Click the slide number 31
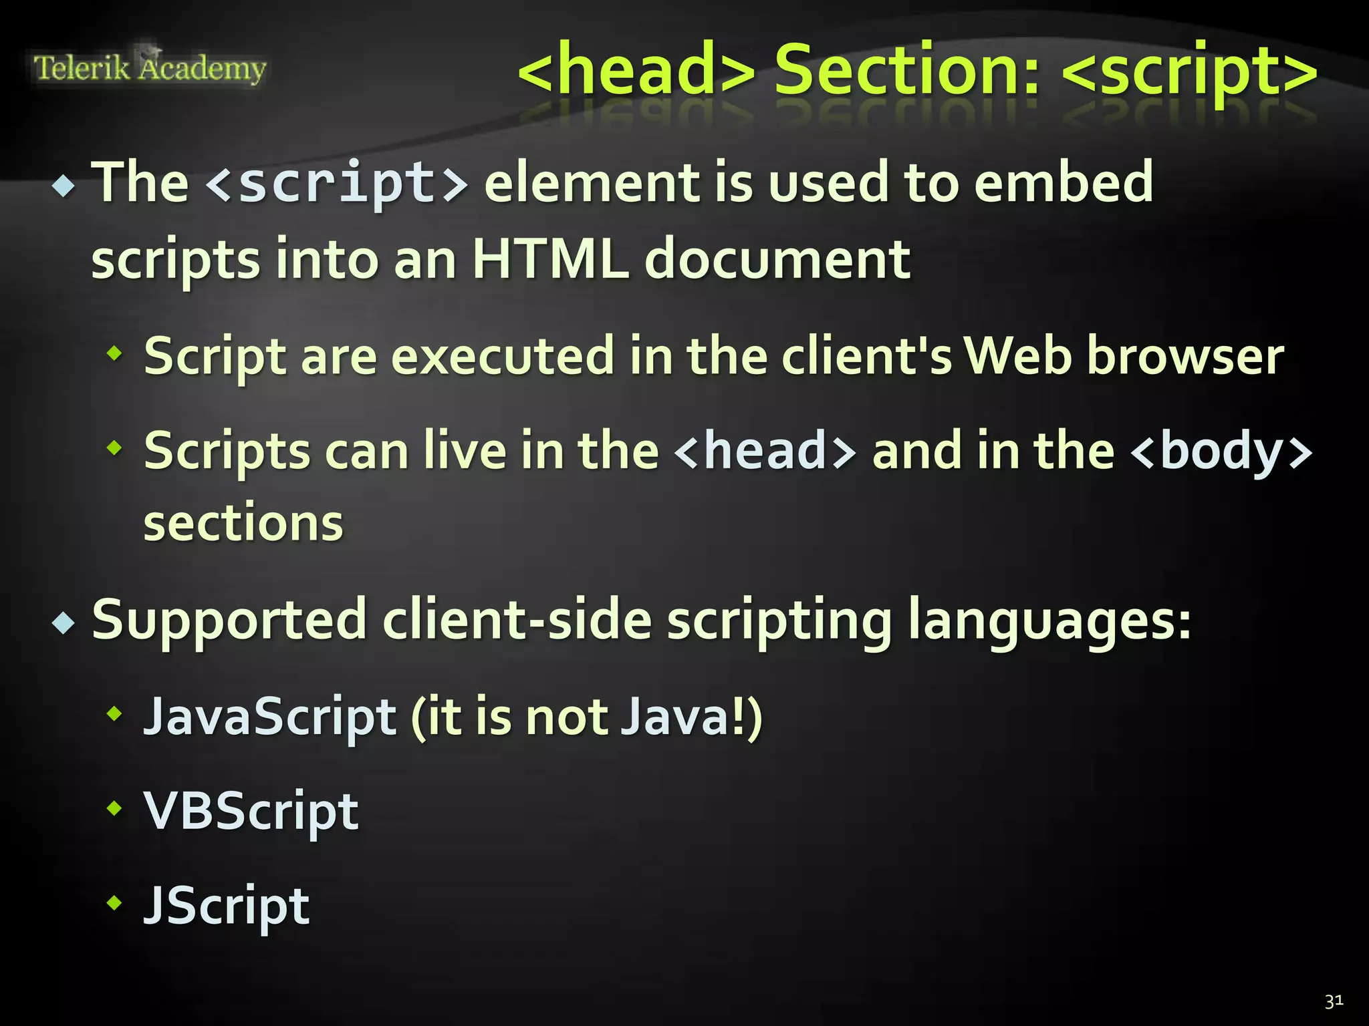pos(1334,1001)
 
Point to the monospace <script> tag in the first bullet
pos(337,183)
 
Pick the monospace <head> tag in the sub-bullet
pos(765,452)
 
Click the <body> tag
pos(1221,452)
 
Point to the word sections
pos(243,523)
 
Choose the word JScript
pos(227,906)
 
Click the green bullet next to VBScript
pos(115,809)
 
